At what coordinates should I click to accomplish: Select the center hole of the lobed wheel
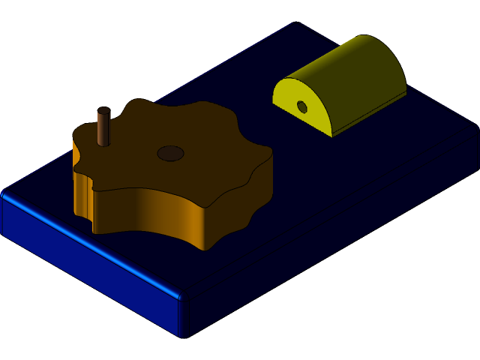tap(170, 153)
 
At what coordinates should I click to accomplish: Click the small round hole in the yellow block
tap(302, 107)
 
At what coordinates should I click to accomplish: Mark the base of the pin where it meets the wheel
tap(103, 144)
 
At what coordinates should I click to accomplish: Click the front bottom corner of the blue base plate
tap(181, 334)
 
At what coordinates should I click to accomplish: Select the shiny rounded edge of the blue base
tap(90, 244)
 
